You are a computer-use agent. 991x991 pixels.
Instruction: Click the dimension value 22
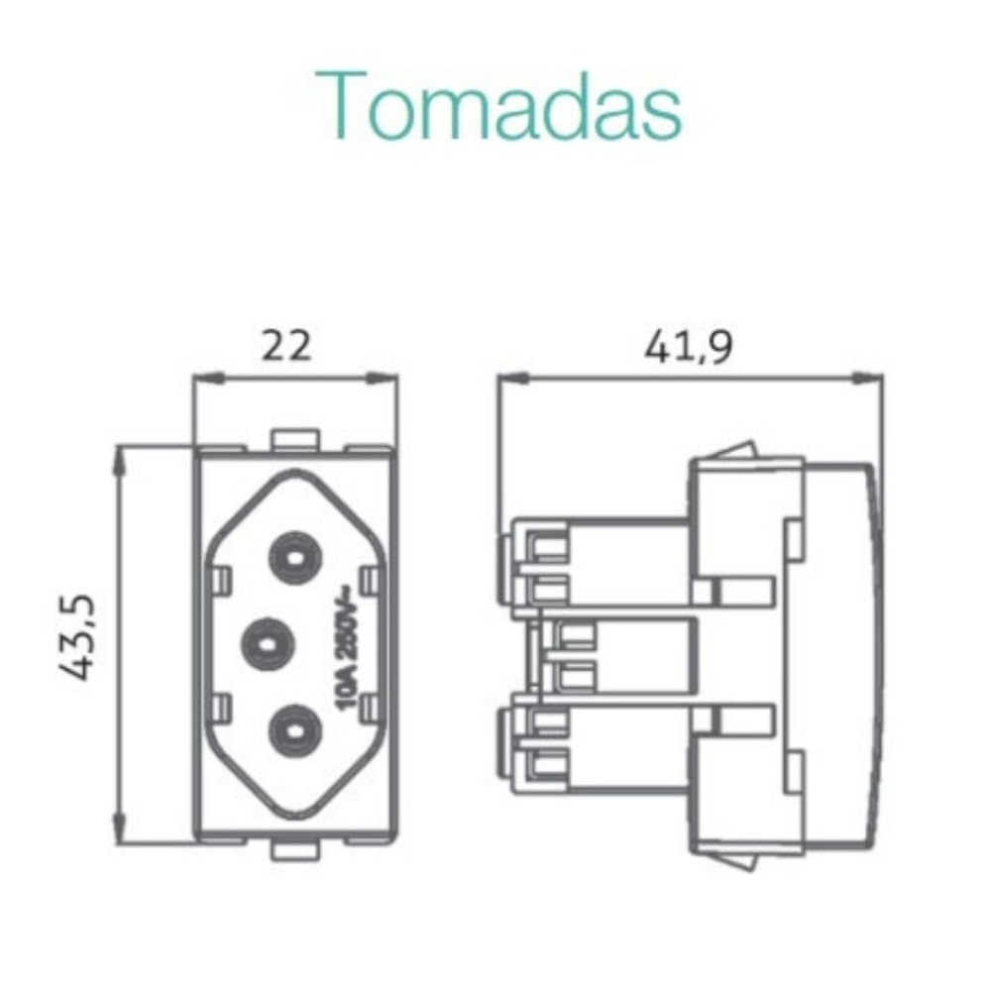(x=286, y=346)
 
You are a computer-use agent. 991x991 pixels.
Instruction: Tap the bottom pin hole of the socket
(x=294, y=729)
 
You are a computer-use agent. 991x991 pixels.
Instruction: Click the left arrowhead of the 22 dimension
(x=203, y=377)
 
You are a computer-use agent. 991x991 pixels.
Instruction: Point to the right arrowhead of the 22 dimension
(x=386, y=377)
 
